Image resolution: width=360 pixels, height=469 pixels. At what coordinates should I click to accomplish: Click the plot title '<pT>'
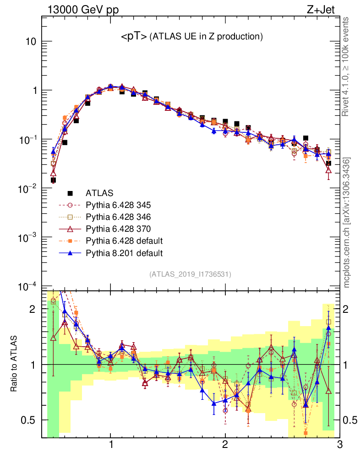pos(134,37)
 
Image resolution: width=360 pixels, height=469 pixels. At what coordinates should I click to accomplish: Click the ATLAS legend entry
pos(100,193)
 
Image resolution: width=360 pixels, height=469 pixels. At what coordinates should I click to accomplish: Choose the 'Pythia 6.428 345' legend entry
pos(120,205)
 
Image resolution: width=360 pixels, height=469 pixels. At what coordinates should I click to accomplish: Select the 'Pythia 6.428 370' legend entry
pos(120,229)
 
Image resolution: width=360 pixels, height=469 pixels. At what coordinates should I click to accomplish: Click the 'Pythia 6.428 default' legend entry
pos(123,241)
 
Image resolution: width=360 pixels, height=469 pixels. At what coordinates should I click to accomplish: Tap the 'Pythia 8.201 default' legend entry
pos(123,253)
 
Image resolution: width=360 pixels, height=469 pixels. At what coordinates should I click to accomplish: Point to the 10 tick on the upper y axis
pos(30,42)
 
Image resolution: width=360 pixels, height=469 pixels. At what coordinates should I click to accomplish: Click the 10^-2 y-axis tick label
pos(27,188)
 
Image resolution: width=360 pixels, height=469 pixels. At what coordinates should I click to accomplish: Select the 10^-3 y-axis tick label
pos(27,237)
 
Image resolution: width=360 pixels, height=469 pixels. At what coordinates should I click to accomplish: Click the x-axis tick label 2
pos(225,445)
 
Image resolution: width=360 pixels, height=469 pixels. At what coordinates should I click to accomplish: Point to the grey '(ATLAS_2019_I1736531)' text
pos(190,274)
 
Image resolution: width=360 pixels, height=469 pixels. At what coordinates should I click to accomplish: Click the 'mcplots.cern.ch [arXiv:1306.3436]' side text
pos(347,223)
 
